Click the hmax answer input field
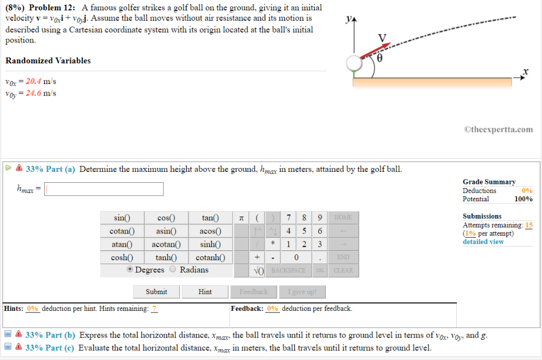pos(104,189)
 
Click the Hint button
pos(205,292)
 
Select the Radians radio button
pos(173,269)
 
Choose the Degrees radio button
pos(130,269)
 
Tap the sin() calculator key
pos(122,218)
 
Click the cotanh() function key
pos(210,257)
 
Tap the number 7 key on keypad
pos(288,218)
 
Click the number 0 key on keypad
pos(296,257)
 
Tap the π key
pos(241,218)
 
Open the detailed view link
pos(483,242)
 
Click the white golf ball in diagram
pos(353,64)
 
